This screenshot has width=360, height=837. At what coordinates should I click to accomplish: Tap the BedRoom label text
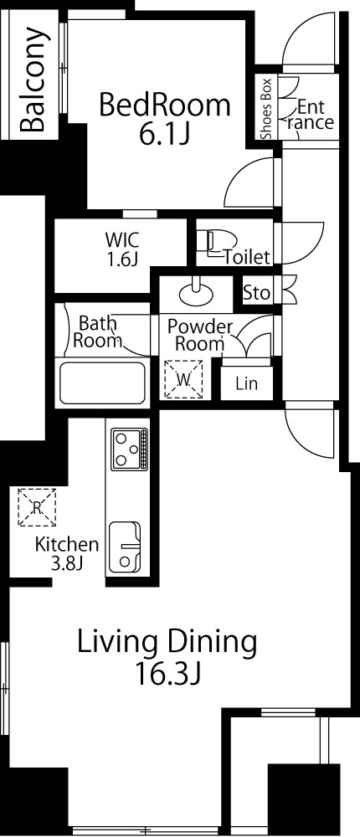tap(165, 105)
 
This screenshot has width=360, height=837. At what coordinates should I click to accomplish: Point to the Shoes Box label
tap(266, 109)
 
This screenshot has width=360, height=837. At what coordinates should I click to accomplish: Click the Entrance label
tap(311, 115)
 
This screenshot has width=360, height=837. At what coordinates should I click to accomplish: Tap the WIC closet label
tap(121, 249)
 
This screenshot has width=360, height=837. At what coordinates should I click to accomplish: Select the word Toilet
tap(247, 257)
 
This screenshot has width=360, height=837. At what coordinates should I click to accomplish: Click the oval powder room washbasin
tap(196, 292)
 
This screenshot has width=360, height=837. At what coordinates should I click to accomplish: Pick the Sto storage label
tap(256, 292)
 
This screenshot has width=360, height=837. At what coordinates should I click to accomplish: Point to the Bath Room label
tap(98, 332)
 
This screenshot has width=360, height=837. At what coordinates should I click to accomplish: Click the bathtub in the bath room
tap(102, 383)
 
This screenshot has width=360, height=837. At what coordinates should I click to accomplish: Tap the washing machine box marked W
tap(183, 379)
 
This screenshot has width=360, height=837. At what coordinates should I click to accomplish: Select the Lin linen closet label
tap(246, 384)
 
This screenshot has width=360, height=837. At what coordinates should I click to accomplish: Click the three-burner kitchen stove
tap(129, 449)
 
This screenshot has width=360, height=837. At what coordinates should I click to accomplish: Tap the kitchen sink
tap(126, 547)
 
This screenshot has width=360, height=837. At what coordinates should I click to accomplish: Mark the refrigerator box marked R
tap(37, 507)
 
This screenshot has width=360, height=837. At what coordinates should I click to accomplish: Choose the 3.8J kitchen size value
tap(67, 562)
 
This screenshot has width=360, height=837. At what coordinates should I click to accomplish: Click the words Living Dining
tap(167, 643)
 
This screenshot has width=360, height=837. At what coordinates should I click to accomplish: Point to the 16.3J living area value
tap(167, 675)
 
